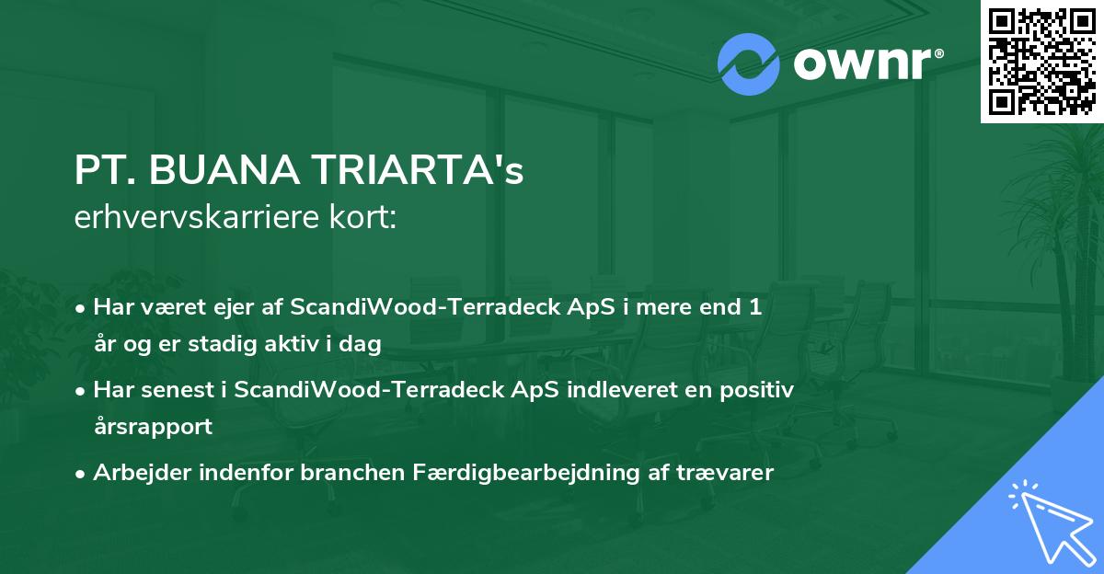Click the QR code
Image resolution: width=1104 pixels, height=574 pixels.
[x=1041, y=62]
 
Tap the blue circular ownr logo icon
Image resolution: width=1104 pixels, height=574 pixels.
[x=748, y=64]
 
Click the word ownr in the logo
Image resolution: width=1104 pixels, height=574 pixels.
[x=867, y=65]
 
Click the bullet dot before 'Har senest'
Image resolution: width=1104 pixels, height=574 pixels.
[x=82, y=390]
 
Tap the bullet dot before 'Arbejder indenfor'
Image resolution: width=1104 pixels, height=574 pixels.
[x=82, y=474]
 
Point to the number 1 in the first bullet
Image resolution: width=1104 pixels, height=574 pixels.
[x=755, y=307]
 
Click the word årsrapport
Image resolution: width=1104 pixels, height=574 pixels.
[x=153, y=427]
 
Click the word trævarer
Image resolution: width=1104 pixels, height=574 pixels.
[x=730, y=473]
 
